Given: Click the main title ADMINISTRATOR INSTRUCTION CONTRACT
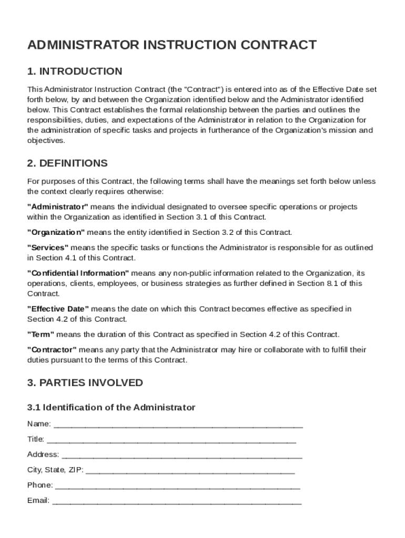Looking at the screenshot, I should click(171, 45).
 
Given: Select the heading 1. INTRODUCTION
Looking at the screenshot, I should click(75, 71).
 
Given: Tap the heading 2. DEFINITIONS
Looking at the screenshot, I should click(67, 163).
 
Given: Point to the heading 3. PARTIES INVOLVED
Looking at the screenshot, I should click(85, 382).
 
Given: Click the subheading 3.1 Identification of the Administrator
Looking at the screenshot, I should click(111, 407).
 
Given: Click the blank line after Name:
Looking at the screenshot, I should click(178, 424).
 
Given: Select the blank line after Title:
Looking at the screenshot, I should click(171, 439).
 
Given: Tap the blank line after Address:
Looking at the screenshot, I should click(182, 454).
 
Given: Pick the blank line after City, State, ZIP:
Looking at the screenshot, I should click(190, 470).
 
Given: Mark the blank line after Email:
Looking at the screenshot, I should click(177, 500).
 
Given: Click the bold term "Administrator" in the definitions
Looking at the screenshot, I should click(58, 206).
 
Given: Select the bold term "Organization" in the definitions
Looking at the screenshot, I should click(56, 232).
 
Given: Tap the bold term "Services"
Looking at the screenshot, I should click(48, 247).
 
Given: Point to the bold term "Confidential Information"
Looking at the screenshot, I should click(78, 273).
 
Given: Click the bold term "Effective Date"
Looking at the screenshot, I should click(58, 309).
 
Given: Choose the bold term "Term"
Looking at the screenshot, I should click(40, 335).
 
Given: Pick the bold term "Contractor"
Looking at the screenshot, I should click(52, 350).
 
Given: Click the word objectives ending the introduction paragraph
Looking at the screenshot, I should click(46, 140).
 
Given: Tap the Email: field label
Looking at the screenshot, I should click(38, 500).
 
